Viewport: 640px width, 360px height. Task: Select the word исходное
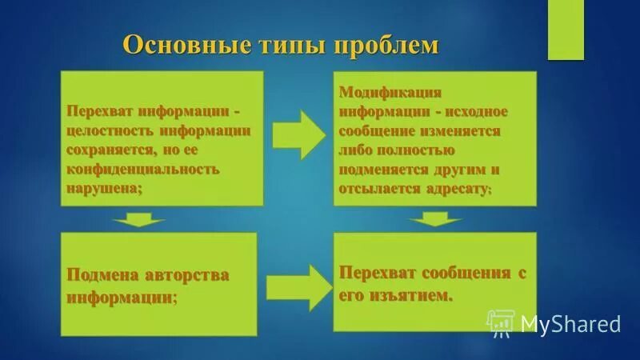point(475,111)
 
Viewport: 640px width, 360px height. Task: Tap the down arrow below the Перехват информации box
point(138,219)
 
